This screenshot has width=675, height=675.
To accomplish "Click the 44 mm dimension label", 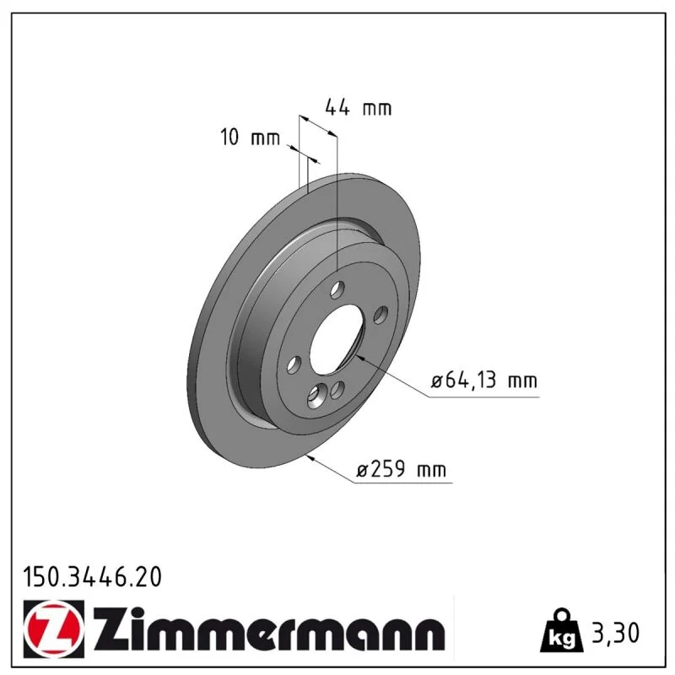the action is pos(358,107).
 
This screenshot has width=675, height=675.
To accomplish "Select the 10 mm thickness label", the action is pos(250,137).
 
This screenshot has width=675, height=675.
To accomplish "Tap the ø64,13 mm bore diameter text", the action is pos(483,381).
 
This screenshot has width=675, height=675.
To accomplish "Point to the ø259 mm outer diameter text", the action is pos(402,469).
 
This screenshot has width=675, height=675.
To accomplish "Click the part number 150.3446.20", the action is pos(92,577).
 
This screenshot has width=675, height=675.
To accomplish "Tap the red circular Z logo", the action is pos(53,629).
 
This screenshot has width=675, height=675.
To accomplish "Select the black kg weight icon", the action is pos(562,631).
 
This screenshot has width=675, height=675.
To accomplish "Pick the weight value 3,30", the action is pos(616,633).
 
